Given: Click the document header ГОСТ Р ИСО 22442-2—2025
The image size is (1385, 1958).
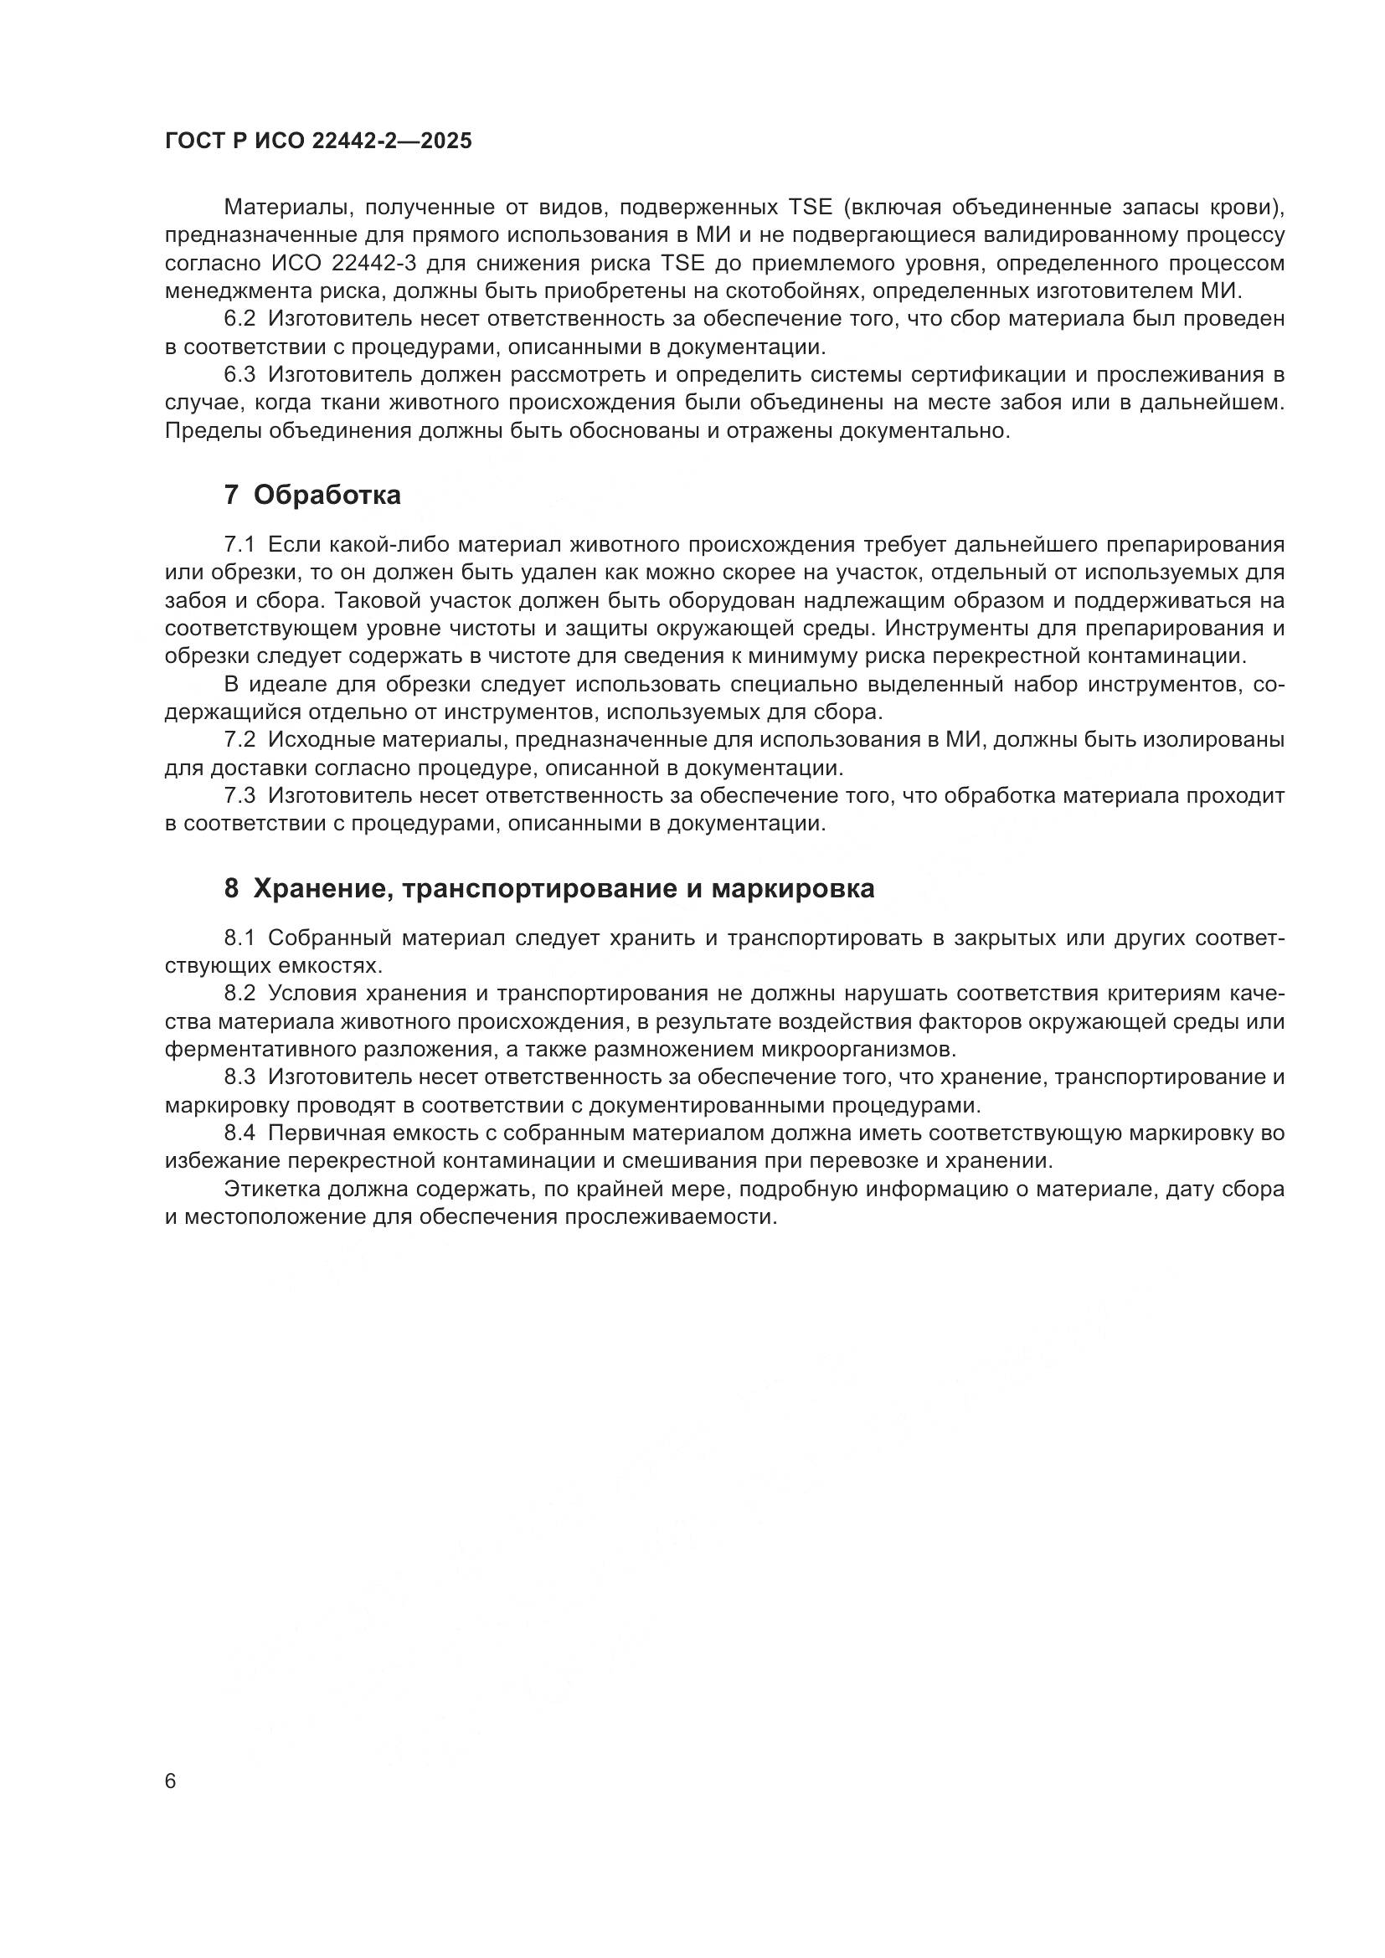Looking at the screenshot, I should click(x=318, y=141).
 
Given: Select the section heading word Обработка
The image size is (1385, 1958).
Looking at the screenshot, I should click(x=327, y=496).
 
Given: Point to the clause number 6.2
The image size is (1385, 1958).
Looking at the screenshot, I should click(x=239, y=320).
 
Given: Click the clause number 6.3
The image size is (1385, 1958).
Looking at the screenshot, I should click(x=239, y=375).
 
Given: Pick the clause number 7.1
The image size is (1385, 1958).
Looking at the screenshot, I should click(x=239, y=545).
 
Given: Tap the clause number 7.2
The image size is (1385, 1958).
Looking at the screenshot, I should click(x=239, y=740).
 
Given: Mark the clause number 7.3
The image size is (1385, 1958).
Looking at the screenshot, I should click(x=239, y=796).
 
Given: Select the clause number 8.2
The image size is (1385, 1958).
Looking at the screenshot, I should click(x=239, y=994).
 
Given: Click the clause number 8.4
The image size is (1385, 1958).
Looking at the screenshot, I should click(x=239, y=1133).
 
